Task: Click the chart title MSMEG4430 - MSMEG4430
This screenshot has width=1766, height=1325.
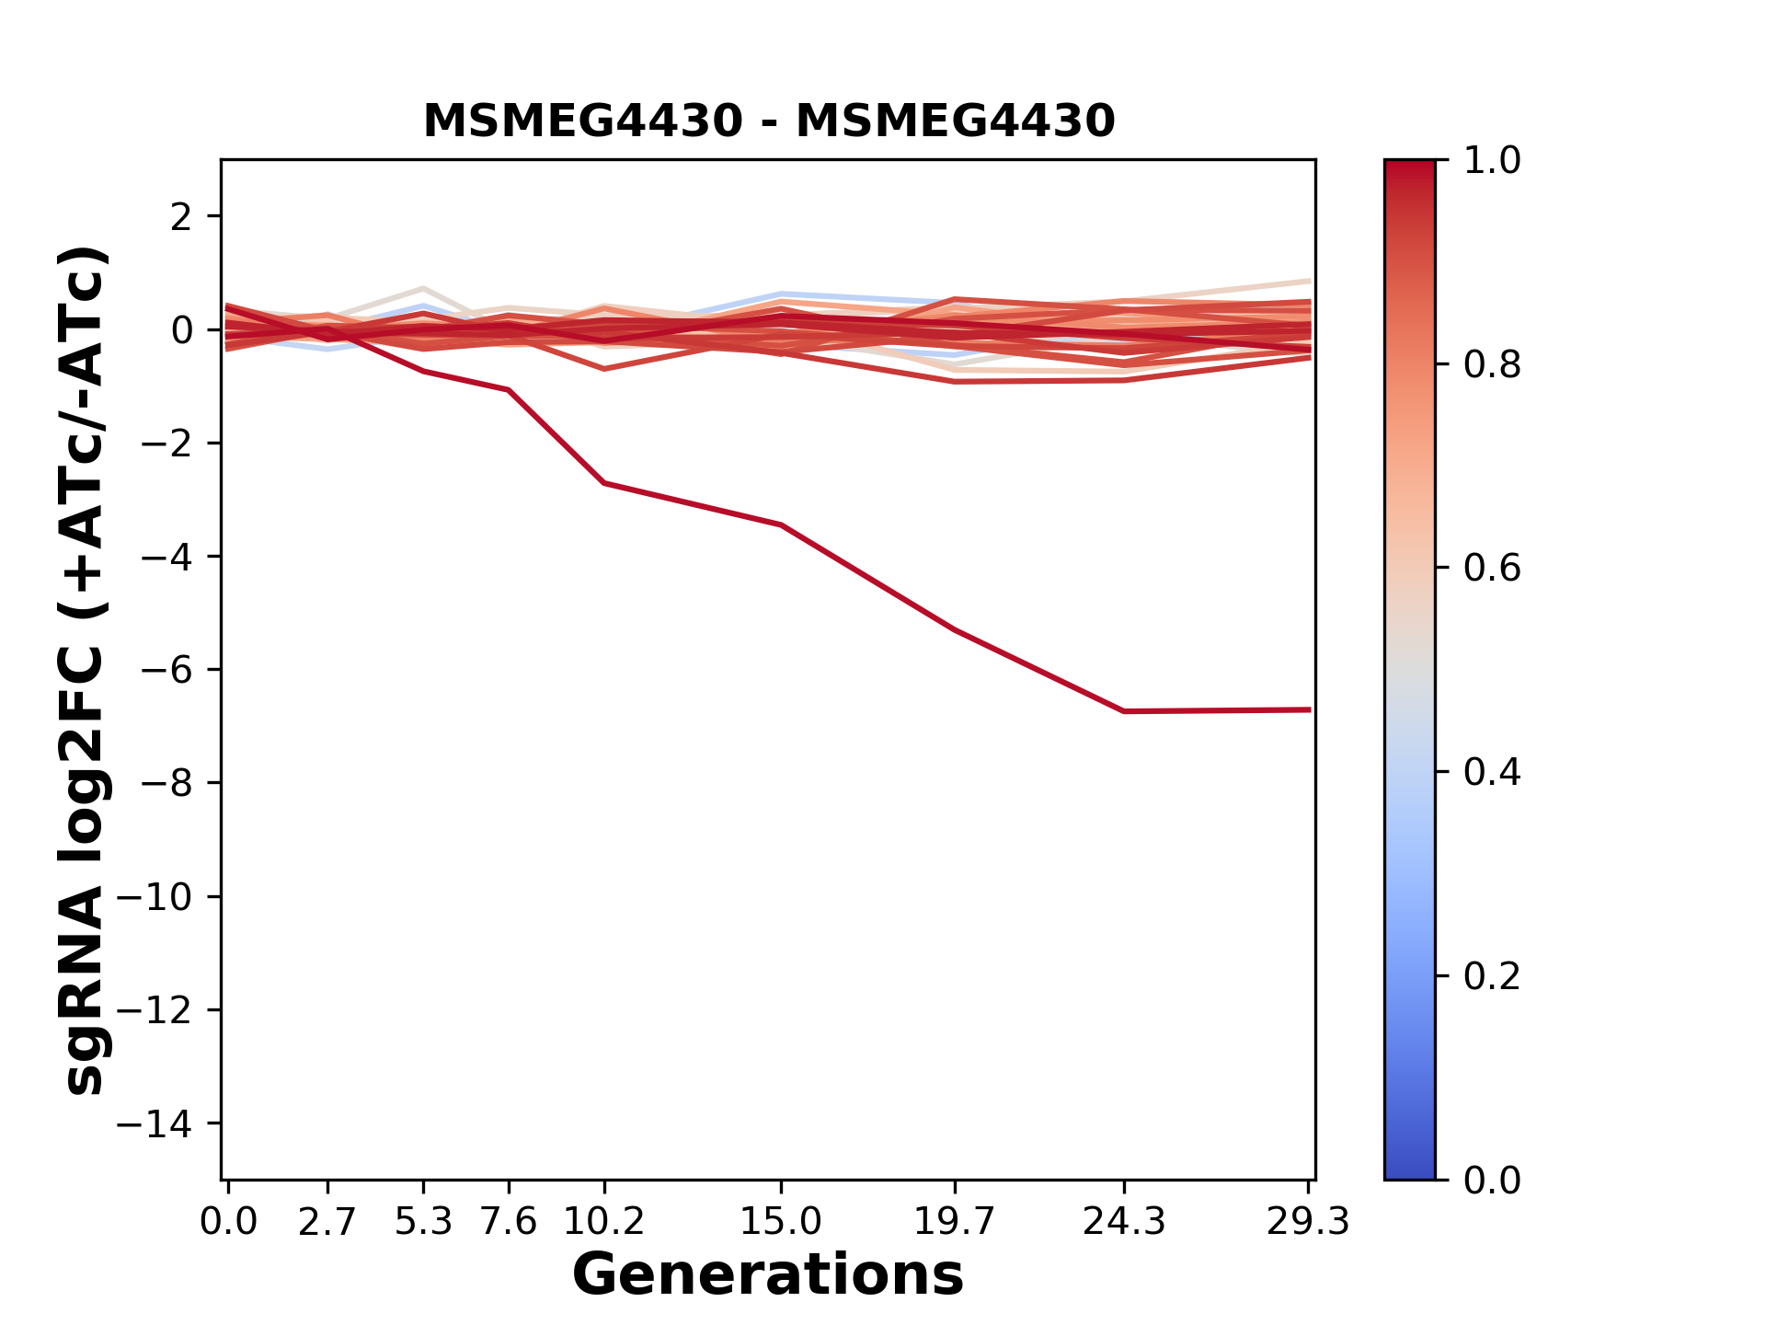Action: coord(769,121)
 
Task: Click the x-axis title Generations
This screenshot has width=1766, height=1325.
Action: coord(768,1275)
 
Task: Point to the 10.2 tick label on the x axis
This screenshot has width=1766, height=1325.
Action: coord(603,1222)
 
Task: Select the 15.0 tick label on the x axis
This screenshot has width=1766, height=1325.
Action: coord(781,1222)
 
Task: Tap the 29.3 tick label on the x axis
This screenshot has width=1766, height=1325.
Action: coord(1308,1222)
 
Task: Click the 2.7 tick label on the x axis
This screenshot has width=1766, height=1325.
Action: coord(327,1222)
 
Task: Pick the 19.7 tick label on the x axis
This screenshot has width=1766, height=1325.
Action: coord(955,1222)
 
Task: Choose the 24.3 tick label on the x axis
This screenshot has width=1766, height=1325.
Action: coord(1124,1222)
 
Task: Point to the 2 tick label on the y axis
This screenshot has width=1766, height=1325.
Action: coord(181,217)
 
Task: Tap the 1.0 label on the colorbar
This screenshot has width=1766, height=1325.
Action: coord(1492,161)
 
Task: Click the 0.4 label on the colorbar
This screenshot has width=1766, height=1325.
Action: coord(1492,772)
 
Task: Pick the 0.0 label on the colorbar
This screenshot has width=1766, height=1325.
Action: coord(1492,1180)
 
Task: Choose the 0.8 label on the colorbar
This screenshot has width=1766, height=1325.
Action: coord(1492,365)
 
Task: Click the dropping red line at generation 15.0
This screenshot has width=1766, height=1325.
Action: coord(781,525)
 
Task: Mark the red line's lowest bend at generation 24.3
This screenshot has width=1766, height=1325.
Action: coord(1124,711)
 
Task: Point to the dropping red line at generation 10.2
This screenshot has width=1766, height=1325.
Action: coord(603,483)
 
